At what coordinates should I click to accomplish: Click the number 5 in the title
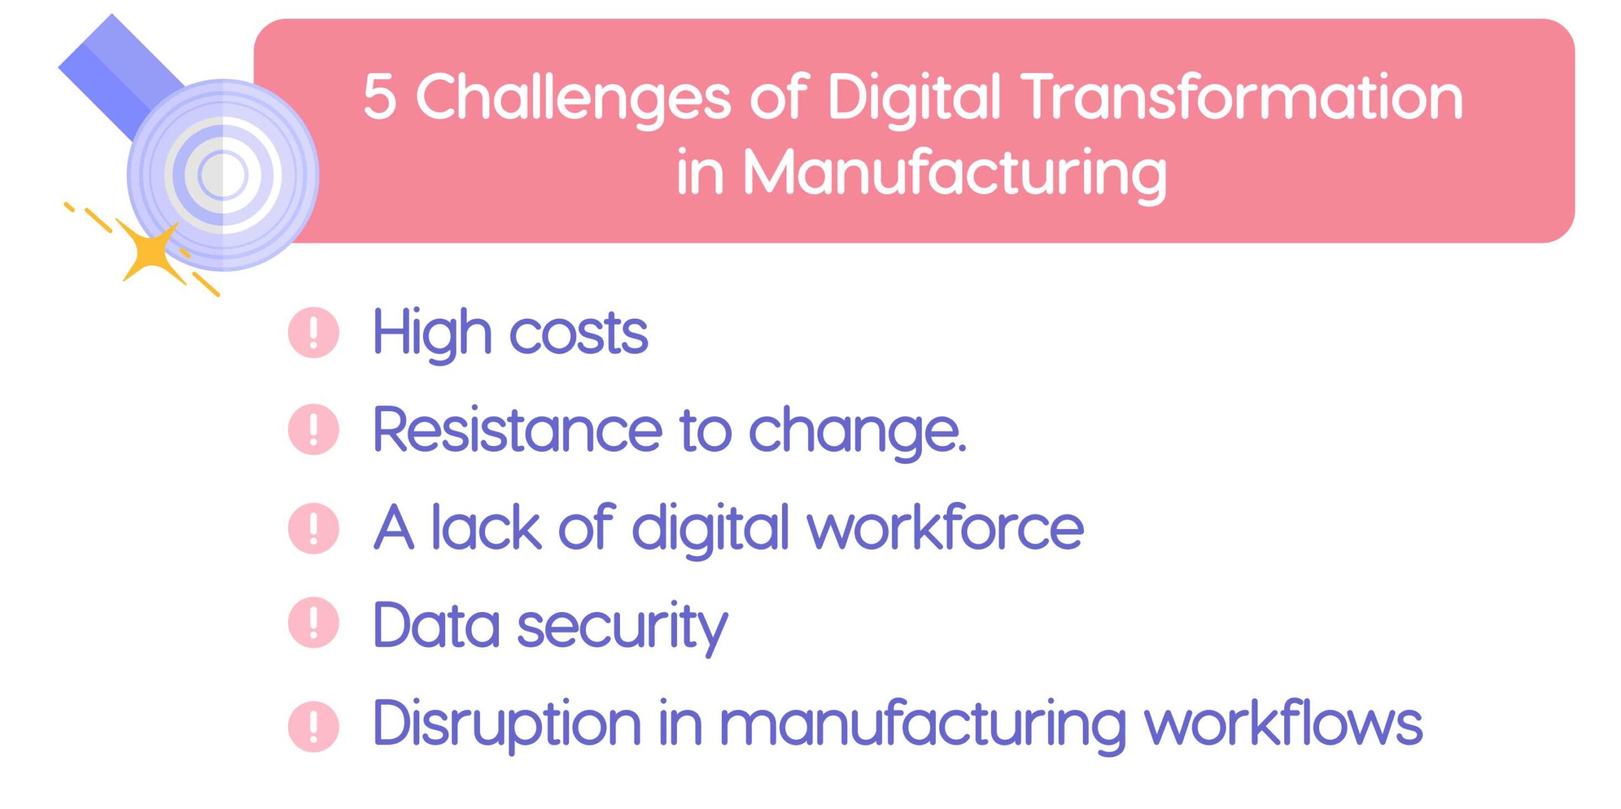(380, 96)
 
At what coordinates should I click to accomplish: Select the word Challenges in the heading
(573, 98)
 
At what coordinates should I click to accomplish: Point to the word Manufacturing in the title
(954, 172)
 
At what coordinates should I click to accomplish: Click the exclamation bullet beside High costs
(313, 333)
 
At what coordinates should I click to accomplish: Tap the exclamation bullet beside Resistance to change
(313, 430)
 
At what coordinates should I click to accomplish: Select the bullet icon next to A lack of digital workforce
(313, 528)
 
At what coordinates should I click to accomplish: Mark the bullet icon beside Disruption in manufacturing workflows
(313, 726)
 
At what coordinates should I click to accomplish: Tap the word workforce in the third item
(945, 528)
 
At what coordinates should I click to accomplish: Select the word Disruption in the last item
(507, 724)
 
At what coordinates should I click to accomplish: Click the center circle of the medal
(223, 175)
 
